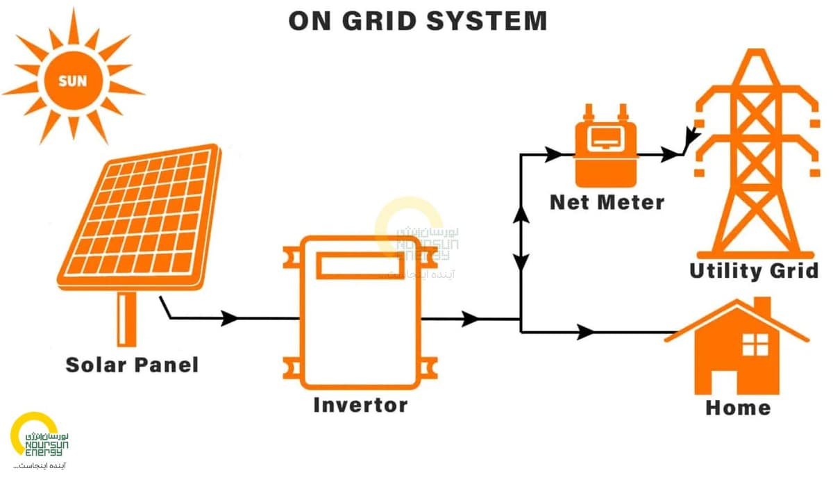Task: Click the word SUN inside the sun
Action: (73, 81)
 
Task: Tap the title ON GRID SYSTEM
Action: (417, 21)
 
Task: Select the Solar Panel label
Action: (132, 365)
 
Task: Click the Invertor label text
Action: (360, 404)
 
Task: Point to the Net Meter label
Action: (607, 202)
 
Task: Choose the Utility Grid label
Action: (754, 270)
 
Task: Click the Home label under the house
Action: (737, 407)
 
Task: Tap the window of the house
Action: (755, 344)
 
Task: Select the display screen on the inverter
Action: (360, 265)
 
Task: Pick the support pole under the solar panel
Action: (126, 319)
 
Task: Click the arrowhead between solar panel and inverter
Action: (230, 319)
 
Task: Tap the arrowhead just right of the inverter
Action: (471, 319)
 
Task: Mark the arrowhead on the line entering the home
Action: (586, 332)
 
